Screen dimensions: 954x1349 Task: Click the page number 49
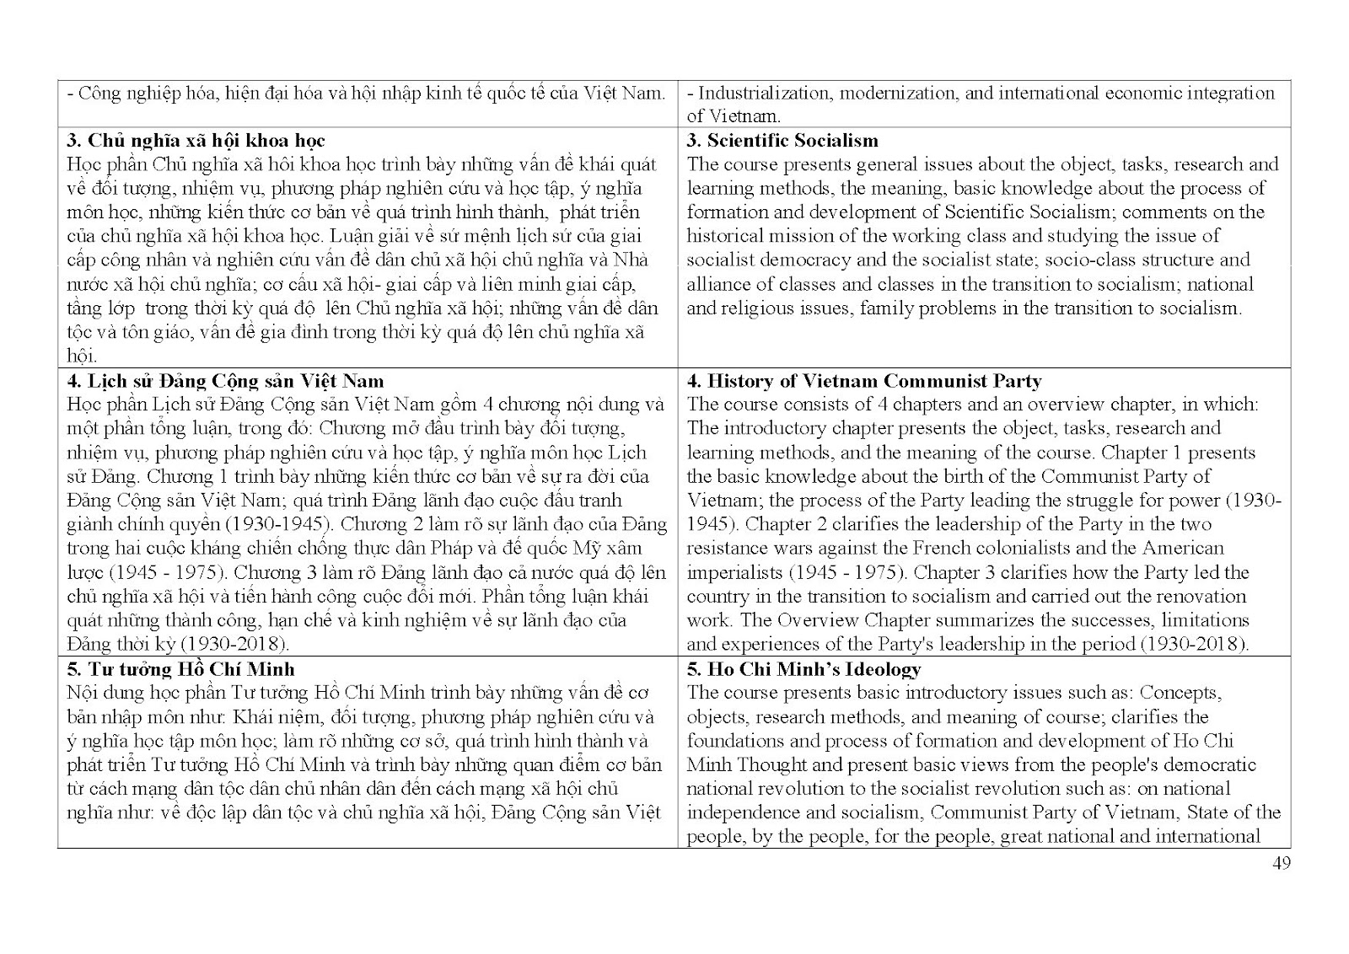click(1281, 863)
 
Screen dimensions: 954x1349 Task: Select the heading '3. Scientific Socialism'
click(782, 140)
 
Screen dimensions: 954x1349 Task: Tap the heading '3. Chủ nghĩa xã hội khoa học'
click(195, 140)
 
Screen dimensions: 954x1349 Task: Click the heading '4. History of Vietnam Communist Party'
click(864, 381)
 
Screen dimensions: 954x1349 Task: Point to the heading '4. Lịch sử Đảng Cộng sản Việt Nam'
click(225, 381)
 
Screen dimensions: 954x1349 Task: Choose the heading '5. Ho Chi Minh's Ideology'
click(803, 669)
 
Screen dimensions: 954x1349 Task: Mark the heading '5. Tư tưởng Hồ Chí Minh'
click(180, 669)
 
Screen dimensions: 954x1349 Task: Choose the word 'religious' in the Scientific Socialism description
click(757, 308)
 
